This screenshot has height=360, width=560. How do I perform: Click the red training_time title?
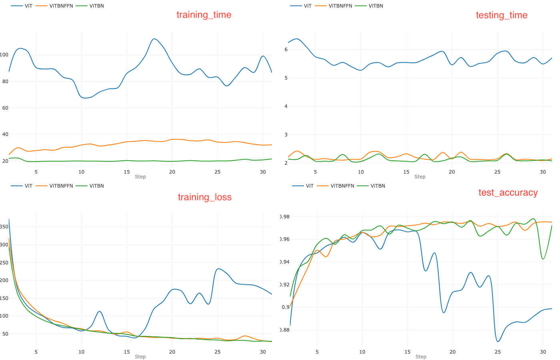tap(204, 15)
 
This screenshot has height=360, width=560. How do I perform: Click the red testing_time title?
tap(501, 15)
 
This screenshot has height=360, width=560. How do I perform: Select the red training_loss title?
tap(204, 197)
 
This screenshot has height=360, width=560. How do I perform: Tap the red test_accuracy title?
tap(508, 193)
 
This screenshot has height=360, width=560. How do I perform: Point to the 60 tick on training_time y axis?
tap(5, 108)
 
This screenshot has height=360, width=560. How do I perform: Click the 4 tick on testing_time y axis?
tap(286, 106)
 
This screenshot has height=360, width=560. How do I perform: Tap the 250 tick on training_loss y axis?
tap(4, 263)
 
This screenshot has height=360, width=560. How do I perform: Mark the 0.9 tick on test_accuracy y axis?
tap(285, 307)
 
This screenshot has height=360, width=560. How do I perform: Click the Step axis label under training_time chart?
tap(140, 177)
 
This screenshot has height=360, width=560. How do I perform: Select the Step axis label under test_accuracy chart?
tap(420, 357)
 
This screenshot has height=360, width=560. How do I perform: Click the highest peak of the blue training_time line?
tap(154, 39)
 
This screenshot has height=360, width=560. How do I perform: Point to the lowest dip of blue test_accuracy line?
tap(498, 341)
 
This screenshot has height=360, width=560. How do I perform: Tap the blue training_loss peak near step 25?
tap(218, 269)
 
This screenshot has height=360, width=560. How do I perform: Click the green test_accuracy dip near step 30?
tap(543, 259)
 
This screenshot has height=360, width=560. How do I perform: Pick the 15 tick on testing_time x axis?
tap(406, 172)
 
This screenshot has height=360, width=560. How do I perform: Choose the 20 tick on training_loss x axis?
tap(172, 352)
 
